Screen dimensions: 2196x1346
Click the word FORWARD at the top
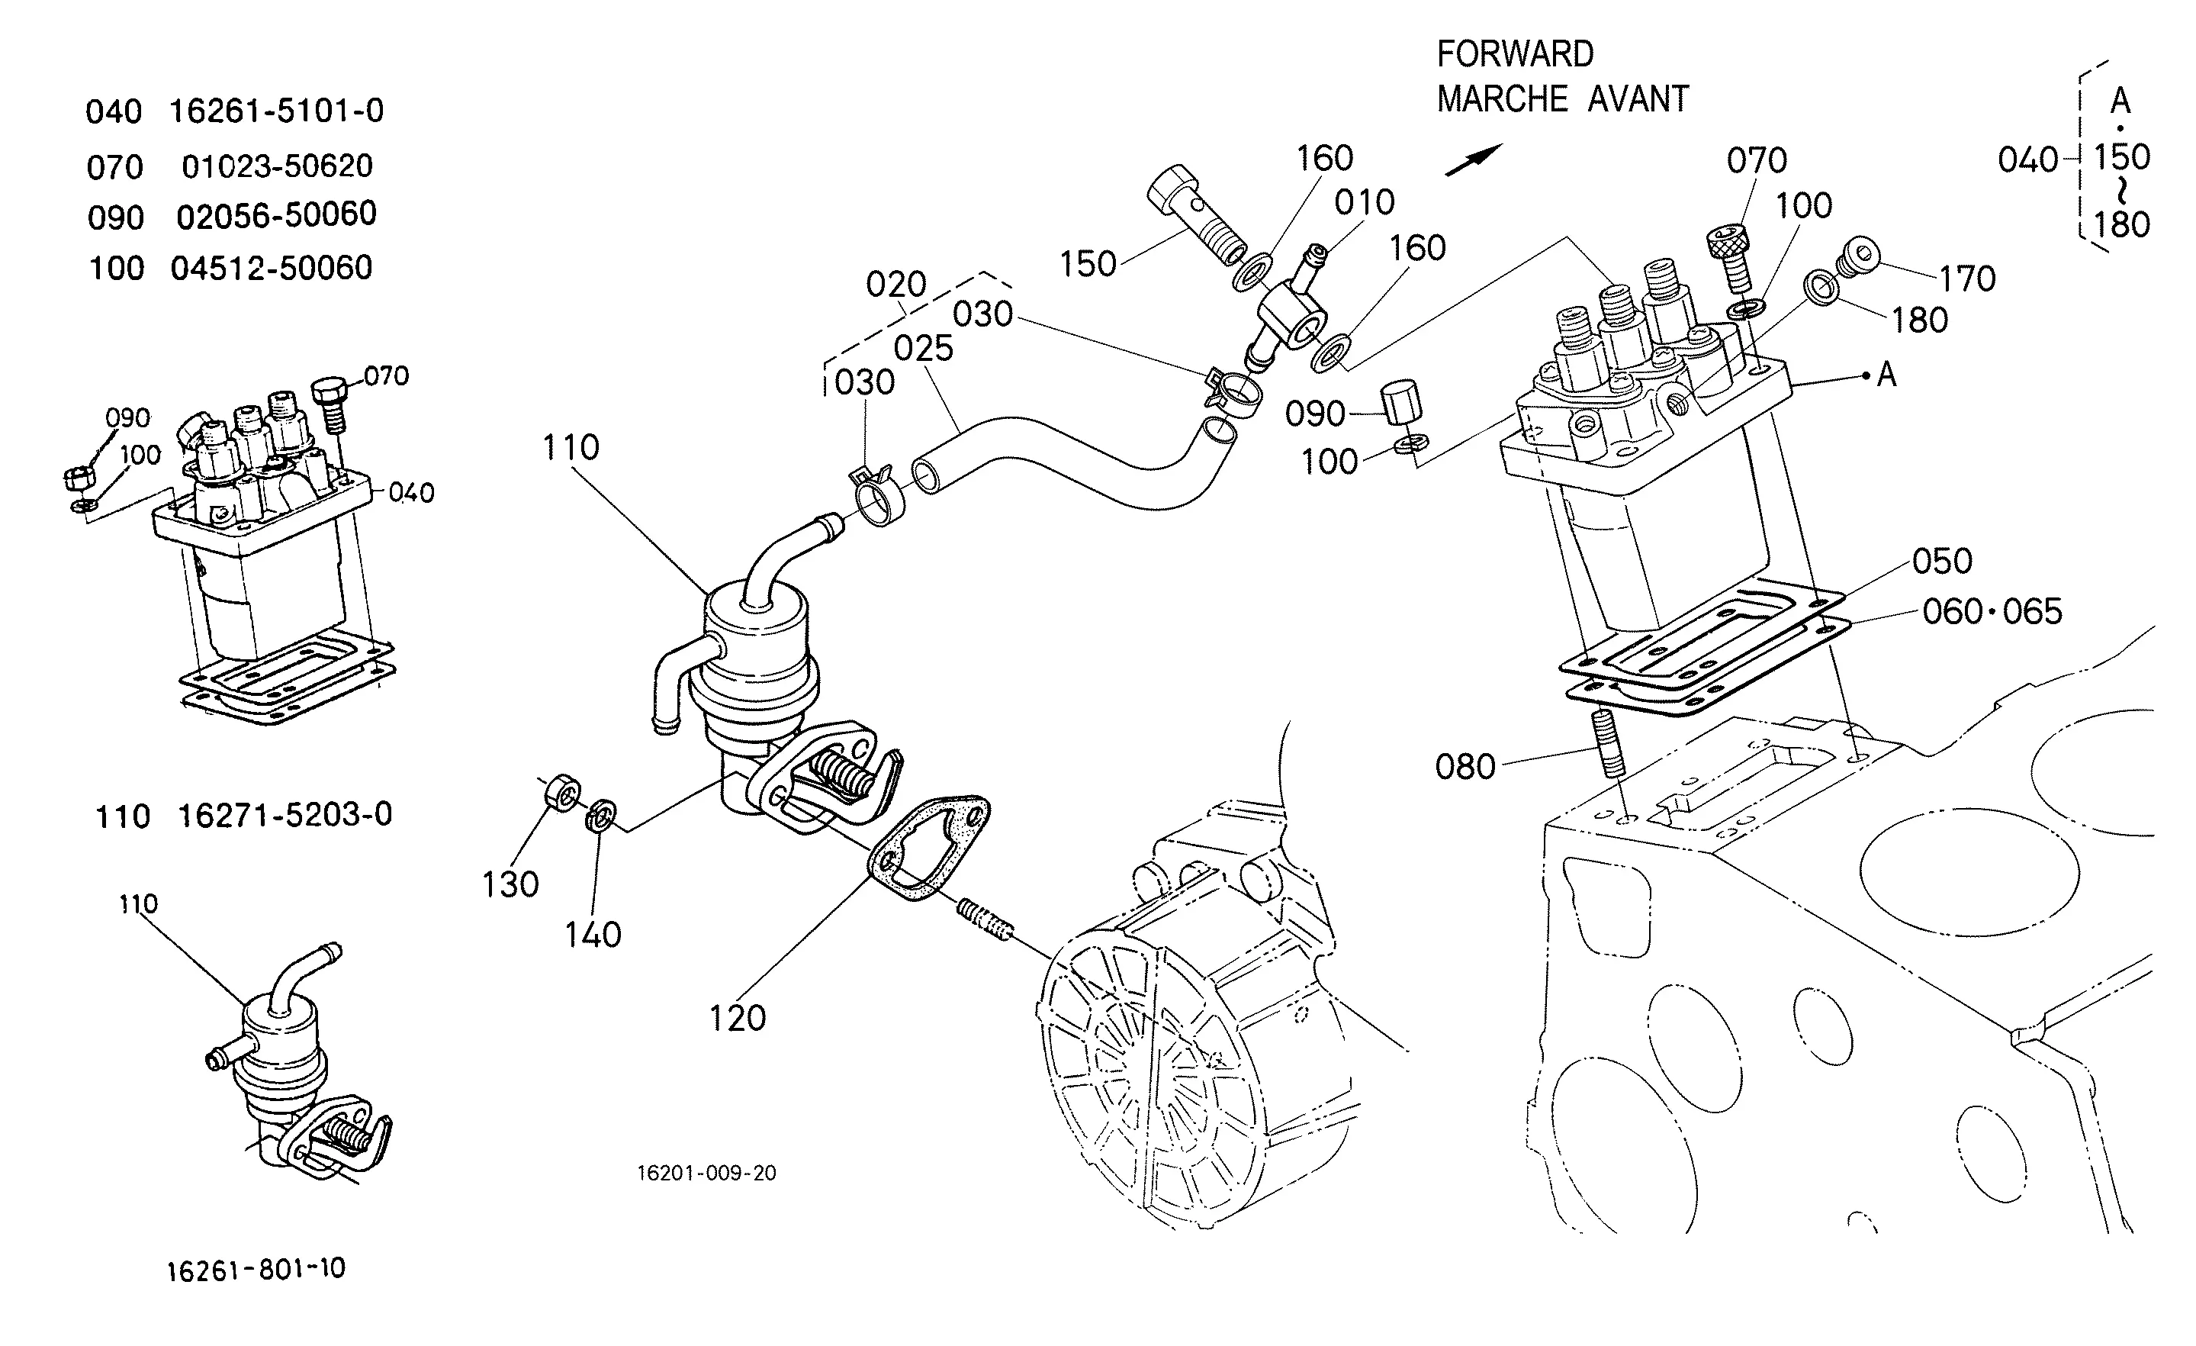[x=1515, y=54]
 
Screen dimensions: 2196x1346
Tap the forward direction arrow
[x=1473, y=159]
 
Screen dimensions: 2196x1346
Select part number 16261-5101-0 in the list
[x=276, y=111]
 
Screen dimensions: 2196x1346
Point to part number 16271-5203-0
[x=285, y=815]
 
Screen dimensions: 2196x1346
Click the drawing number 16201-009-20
[x=707, y=1173]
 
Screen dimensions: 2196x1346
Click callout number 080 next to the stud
[x=1465, y=767]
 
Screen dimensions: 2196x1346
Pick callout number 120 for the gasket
[x=737, y=1018]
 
